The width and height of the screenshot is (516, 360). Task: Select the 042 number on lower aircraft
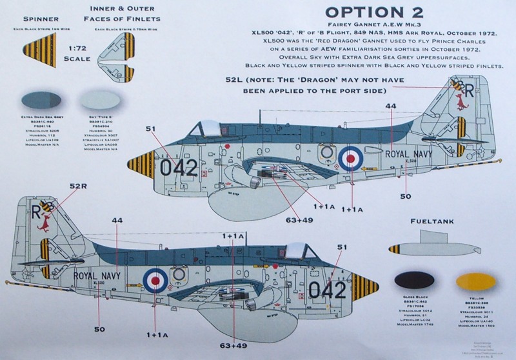(328, 290)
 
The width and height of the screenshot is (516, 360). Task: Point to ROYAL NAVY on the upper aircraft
(410, 154)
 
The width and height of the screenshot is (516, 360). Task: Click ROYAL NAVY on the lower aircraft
(95, 275)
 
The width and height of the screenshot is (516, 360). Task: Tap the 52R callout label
(77, 186)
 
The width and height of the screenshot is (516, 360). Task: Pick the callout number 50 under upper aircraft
(405, 196)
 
